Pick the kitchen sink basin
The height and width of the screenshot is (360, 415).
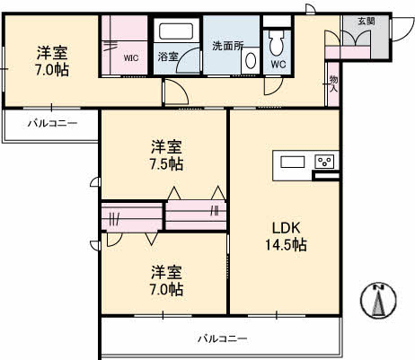tap(293, 162)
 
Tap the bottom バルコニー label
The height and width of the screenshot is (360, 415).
tap(222, 338)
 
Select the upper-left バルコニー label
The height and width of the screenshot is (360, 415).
tap(51, 123)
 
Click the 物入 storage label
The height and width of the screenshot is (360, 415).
tap(332, 83)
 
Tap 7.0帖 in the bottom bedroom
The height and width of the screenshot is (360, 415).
tap(167, 289)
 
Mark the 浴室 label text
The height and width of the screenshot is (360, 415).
tap(168, 56)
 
